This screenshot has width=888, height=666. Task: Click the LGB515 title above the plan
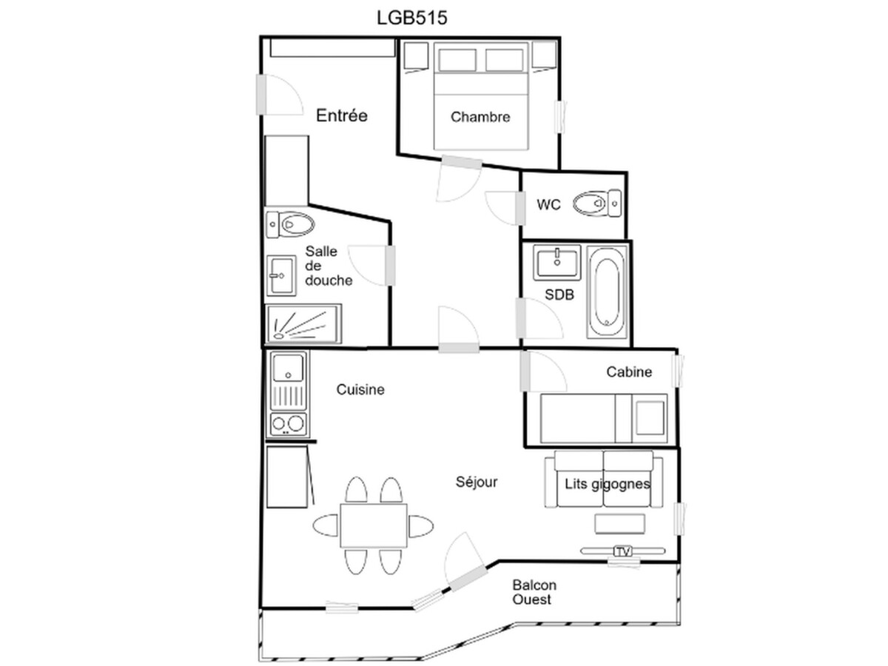[412, 18]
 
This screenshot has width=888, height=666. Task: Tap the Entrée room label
[341, 115]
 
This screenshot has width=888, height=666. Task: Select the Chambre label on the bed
[480, 117]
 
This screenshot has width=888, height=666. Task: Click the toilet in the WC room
[596, 203]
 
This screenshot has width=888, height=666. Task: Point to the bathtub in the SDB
[607, 292]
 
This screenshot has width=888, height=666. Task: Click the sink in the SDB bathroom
[556, 263]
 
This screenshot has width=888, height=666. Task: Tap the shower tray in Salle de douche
[303, 324]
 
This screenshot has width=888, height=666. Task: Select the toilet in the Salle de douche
[290, 224]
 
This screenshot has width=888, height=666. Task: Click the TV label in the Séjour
[622, 551]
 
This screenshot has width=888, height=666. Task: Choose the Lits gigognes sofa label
[608, 484]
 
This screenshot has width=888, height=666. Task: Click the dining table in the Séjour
[374, 525]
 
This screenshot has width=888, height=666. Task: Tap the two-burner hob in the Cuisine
[288, 424]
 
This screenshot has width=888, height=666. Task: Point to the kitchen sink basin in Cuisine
[288, 368]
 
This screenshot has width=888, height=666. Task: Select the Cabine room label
[629, 372]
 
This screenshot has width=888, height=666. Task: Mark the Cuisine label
[360, 389]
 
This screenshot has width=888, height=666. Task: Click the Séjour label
[477, 482]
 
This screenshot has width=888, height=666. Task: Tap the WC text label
[548, 205]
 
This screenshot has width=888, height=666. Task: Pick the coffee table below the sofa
[620, 524]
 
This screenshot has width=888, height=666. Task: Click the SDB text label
[559, 295]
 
